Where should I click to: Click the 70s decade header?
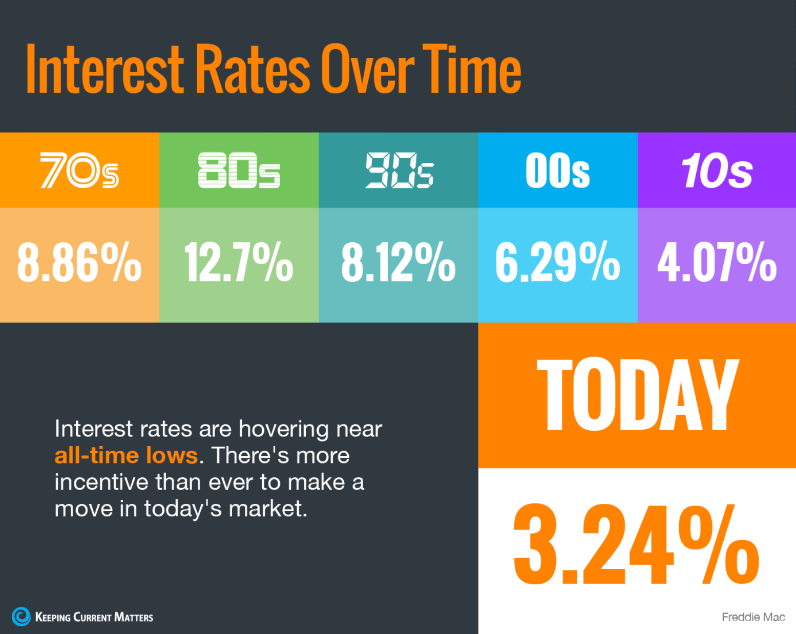click(79, 170)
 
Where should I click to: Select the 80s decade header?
click(239, 170)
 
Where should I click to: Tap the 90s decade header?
click(399, 170)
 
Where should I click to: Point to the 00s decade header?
click(557, 170)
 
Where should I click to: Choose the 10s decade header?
click(717, 170)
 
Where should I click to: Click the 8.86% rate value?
click(79, 262)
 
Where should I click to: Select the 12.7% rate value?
click(239, 262)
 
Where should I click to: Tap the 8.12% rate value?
click(399, 262)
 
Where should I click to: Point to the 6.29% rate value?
click(557, 262)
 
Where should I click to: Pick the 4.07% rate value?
click(717, 262)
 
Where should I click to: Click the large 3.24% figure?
click(636, 544)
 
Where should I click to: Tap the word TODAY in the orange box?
click(638, 395)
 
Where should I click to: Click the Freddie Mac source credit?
click(753, 617)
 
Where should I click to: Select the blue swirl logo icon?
click(21, 617)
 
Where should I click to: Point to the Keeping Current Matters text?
click(94, 617)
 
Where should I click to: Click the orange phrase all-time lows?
click(126, 455)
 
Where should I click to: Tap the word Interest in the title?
click(104, 69)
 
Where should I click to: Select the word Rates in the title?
click(253, 69)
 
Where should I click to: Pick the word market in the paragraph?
click(268, 509)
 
